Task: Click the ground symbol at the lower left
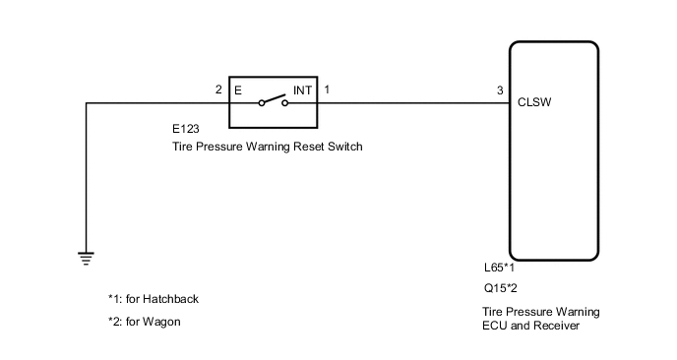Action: pos(87,259)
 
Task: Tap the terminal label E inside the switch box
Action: pos(238,90)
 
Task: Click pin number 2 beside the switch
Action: pos(218,90)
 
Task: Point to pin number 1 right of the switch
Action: pos(327,90)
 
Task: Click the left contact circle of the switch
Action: pos(262,102)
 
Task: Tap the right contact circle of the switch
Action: pos(285,102)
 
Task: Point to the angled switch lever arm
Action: pos(274,98)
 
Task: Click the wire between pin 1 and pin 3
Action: pos(413,101)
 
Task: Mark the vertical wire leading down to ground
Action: pos(87,177)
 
